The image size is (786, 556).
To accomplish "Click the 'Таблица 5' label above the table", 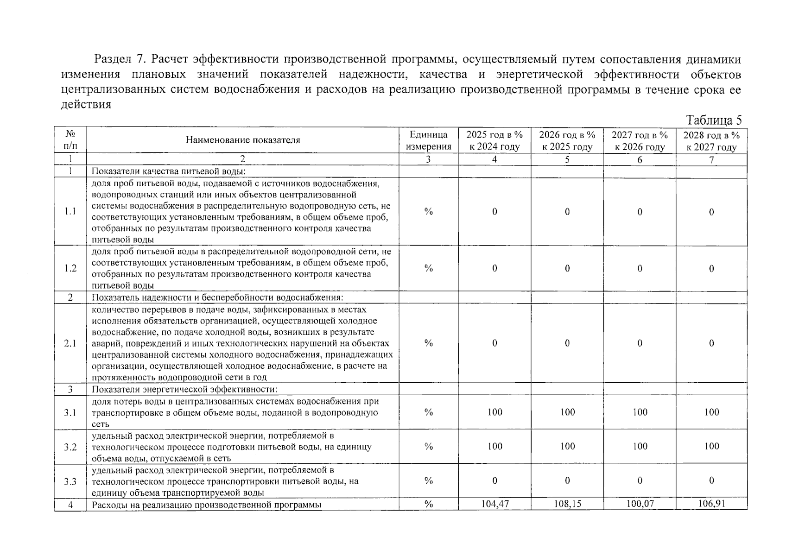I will (713, 120).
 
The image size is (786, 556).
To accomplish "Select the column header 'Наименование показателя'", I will (243, 140).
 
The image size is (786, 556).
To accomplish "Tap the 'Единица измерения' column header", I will (428, 140).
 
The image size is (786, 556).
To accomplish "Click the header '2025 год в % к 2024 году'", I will (494, 140).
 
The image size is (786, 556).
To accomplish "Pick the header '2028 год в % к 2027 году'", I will (711, 141).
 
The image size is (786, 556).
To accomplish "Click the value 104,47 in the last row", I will (494, 504).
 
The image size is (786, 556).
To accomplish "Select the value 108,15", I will (567, 504).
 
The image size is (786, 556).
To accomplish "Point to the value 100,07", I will (640, 504).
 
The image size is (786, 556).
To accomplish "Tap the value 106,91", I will (711, 504).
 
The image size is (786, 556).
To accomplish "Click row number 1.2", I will (70, 268).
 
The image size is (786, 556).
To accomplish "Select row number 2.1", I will (70, 343).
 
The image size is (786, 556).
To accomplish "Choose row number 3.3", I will (70, 481).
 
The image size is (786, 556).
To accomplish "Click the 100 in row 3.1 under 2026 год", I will (567, 412).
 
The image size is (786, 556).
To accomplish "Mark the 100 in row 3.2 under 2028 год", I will (711, 446).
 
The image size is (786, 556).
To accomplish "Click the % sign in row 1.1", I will (428, 212).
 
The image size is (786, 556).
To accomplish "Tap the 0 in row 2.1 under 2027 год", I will (640, 343).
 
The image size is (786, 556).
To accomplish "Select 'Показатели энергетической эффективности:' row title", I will (184, 389).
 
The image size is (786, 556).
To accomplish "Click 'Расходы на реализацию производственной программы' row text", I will (206, 505).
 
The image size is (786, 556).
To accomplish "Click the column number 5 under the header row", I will (567, 160).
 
